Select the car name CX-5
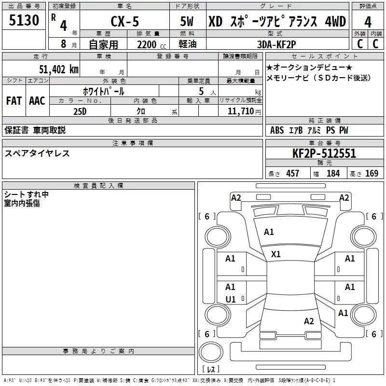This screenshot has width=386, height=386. point(125,22)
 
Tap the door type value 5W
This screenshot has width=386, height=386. point(188,22)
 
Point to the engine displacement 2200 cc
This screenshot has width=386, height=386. point(147,45)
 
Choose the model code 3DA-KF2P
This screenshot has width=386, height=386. point(276,45)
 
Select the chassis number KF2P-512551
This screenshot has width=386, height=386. point(324,153)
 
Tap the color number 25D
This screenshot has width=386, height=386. point(80,110)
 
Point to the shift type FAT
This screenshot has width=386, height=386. point(14,100)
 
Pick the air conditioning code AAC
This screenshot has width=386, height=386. point(37,100)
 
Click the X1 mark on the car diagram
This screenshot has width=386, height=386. point(276,254)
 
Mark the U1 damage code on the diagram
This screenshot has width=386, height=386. point(231,299)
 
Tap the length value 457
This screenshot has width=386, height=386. point(292,173)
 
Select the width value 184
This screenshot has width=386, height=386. point(333,173)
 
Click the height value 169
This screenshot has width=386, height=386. point(372,173)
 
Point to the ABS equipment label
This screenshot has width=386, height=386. point(277,130)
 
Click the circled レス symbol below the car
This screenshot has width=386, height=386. point(210,370)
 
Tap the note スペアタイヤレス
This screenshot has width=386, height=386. point(37,153)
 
